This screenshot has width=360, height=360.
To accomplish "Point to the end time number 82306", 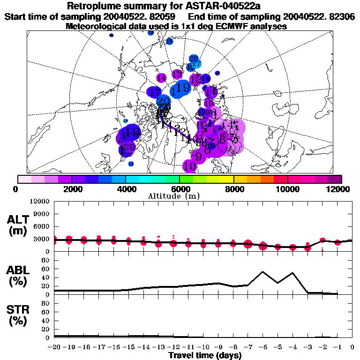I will click(x=340, y=16).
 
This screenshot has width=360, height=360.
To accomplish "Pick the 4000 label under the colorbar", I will click(x=125, y=189).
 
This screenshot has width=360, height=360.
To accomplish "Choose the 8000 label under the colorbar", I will click(x=233, y=189).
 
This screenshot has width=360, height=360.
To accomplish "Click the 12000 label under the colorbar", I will click(x=339, y=189).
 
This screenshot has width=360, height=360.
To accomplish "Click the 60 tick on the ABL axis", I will click(x=45, y=269).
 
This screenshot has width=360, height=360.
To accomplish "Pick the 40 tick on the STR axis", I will click(x=45, y=321).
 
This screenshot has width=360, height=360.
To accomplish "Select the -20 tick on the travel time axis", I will click(x=53, y=347).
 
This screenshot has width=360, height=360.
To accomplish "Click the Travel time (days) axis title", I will click(x=205, y=356).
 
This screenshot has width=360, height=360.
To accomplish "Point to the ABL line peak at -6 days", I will click(x=263, y=271).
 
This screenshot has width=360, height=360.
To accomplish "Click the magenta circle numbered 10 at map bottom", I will click(x=190, y=165).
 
